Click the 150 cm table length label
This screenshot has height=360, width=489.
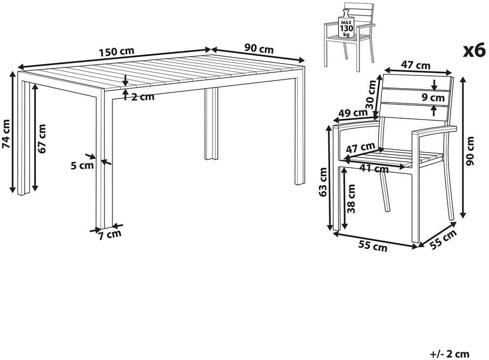tap(117, 51)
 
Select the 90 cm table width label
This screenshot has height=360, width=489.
tap(259, 48)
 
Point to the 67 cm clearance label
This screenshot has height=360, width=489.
tap(41, 138)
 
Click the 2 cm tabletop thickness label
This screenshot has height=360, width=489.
tap(142, 97)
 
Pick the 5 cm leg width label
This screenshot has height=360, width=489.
tap(82, 165)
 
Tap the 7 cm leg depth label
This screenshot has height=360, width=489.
tap(110, 235)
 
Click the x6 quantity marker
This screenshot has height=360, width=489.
tap(474, 51)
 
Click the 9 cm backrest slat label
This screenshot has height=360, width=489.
tap(433, 98)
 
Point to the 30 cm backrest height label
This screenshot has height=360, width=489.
tap(372, 94)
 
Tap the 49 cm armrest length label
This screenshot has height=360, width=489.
tap(353, 113)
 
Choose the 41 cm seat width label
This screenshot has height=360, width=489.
tap(374, 168)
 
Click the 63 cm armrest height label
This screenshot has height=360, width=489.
tap(323, 182)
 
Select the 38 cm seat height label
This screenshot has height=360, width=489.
tap(351, 198)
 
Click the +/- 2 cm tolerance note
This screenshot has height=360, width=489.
tap(450, 354)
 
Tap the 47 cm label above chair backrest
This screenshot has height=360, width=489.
tap(416, 65)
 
